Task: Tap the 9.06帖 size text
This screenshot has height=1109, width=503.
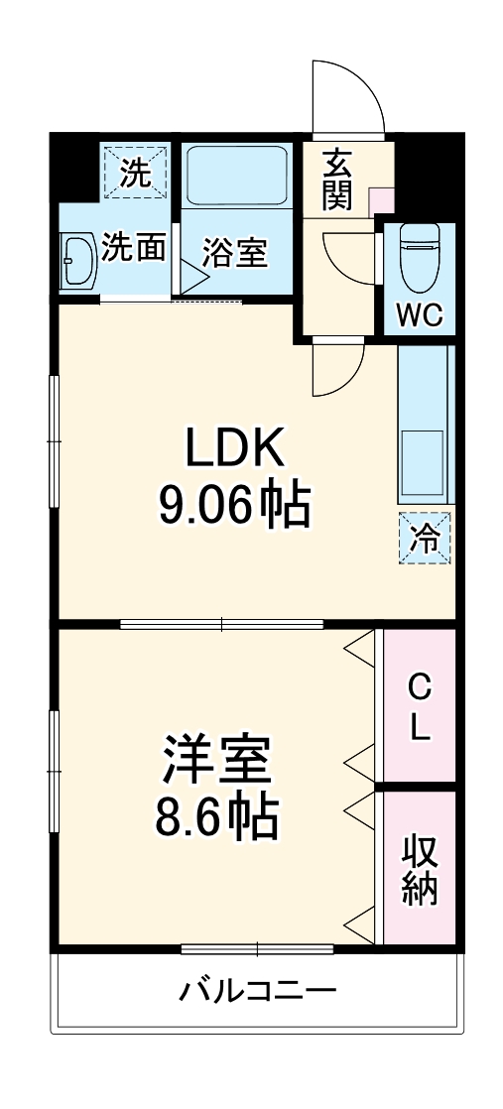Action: click(235, 506)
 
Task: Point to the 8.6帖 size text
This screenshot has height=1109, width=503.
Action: click(215, 816)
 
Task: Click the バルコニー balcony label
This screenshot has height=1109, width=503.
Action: click(258, 990)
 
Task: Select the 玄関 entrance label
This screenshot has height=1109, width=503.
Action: click(337, 179)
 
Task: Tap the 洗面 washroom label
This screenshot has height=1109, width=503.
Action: click(135, 247)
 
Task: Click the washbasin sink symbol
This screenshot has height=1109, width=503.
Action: click(77, 261)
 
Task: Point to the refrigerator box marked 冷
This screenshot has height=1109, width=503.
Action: click(426, 539)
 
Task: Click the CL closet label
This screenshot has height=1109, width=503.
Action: click(421, 706)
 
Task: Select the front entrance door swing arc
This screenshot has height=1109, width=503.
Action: click(346, 97)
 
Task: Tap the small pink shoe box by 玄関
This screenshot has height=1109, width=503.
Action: click(380, 199)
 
